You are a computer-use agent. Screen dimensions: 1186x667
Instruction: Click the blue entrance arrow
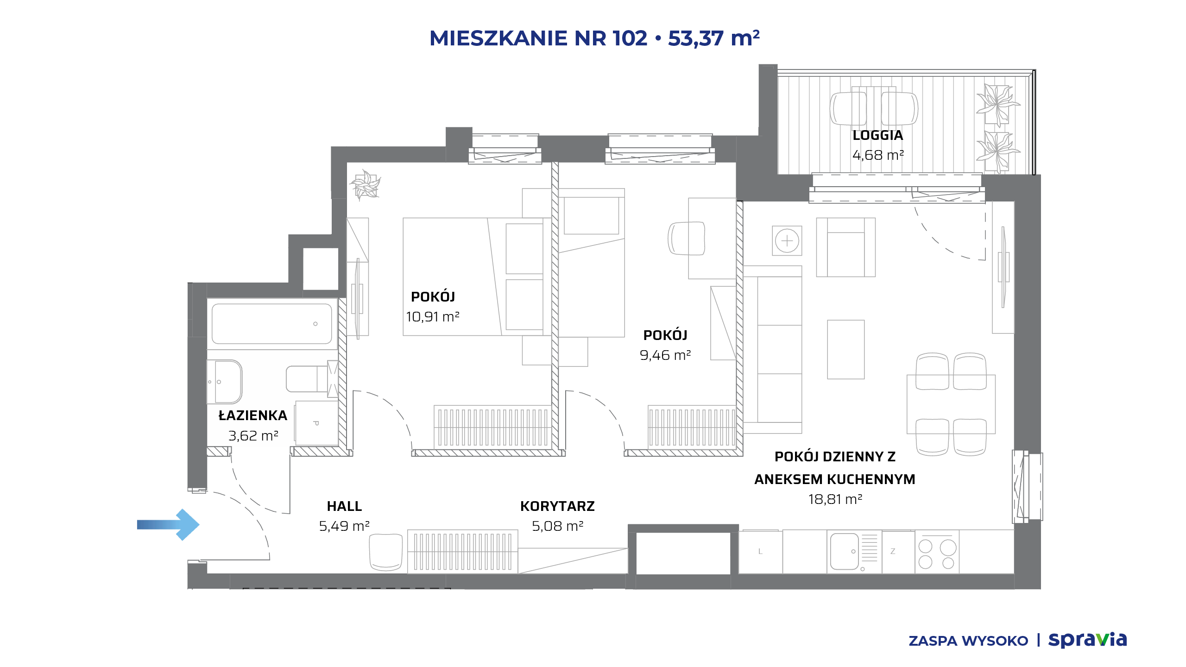pyautogui.click(x=168, y=524)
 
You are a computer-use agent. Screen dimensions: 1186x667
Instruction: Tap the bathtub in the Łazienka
pyautogui.click(x=272, y=323)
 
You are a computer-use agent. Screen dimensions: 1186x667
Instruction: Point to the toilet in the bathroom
pyautogui.click(x=307, y=379)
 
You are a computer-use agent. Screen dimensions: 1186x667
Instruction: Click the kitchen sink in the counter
pyautogui.click(x=845, y=551)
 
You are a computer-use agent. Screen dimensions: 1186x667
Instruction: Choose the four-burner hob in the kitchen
pyautogui.click(x=937, y=553)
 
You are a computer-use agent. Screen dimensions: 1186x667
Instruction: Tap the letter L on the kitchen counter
pyautogui.click(x=760, y=551)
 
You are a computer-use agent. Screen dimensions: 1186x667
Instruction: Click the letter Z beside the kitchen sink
pyautogui.click(x=893, y=551)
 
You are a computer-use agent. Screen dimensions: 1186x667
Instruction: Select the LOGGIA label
pyautogui.click(x=878, y=135)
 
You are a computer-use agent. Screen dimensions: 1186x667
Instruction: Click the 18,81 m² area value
pyautogui.click(x=835, y=499)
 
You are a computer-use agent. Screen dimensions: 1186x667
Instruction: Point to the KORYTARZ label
pyautogui.click(x=557, y=506)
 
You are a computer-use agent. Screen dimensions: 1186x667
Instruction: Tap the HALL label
pyautogui.click(x=344, y=506)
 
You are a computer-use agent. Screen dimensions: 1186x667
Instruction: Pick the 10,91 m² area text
pyautogui.click(x=433, y=316)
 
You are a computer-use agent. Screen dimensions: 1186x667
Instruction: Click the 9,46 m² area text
pyautogui.click(x=665, y=355)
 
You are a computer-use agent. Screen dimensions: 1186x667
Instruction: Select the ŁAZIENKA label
pyautogui.click(x=253, y=415)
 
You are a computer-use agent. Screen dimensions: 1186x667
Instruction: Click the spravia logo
pyautogui.click(x=1087, y=640)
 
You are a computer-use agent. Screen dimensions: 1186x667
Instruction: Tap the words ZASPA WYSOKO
pyautogui.click(x=968, y=641)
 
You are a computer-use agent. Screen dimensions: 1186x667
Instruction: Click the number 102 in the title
pyautogui.click(x=630, y=38)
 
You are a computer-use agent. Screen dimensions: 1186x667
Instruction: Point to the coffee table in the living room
pyautogui.click(x=846, y=349)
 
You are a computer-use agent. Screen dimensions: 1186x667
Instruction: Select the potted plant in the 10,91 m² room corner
pyautogui.click(x=366, y=184)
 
